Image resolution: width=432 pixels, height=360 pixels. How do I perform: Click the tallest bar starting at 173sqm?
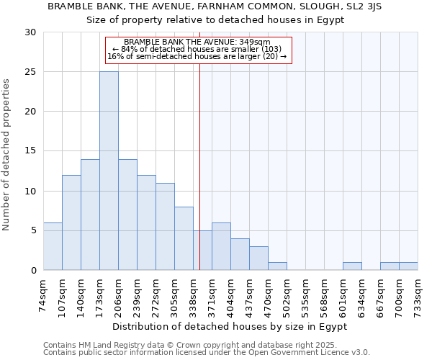point(109,171)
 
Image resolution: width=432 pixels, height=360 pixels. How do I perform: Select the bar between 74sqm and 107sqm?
point(53,246)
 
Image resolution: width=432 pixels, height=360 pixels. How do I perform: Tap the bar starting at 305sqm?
point(184,238)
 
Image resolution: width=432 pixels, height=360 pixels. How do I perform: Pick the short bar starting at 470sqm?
point(277,266)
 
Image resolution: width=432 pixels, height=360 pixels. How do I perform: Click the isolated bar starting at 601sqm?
point(352,266)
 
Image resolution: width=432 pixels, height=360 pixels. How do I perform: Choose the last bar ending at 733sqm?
point(408,266)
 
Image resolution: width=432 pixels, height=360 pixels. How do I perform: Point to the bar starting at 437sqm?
point(258,258)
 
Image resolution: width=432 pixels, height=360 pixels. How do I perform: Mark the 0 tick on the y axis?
point(33,270)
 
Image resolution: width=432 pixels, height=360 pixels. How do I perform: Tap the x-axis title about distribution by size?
point(230,326)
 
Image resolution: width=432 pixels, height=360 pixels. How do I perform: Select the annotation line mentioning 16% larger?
point(197,56)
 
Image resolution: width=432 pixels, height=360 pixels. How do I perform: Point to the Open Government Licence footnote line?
point(206,353)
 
